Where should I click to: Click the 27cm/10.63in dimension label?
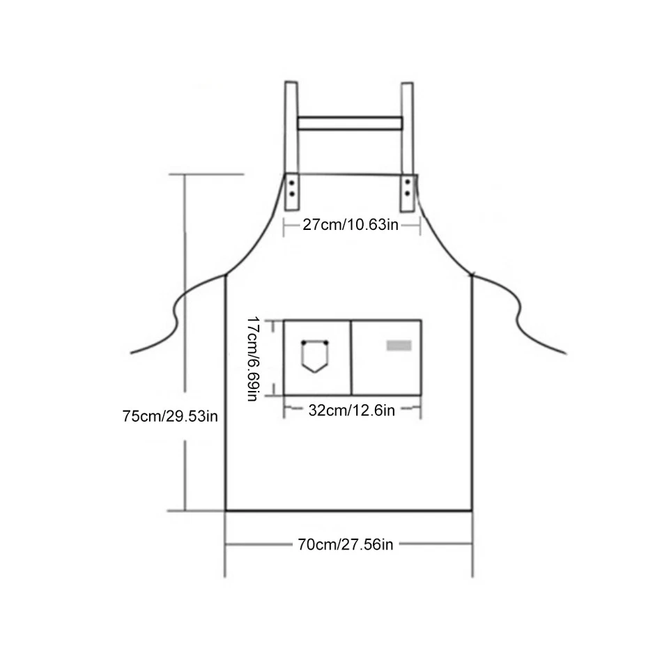click(351, 225)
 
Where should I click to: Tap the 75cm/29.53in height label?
click(170, 417)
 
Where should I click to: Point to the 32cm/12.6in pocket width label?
click(351, 410)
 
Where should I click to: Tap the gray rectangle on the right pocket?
click(399, 346)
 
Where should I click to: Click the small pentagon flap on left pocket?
click(315, 356)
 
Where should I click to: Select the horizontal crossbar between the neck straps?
click(350, 124)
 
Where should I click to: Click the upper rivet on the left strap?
click(292, 183)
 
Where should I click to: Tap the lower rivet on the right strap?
click(407, 192)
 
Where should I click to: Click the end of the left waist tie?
click(132, 353)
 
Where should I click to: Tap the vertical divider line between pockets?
click(351, 357)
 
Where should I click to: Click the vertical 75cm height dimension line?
click(185, 314)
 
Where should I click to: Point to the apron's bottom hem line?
click(348, 511)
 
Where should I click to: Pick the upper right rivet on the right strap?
click(407, 183)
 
